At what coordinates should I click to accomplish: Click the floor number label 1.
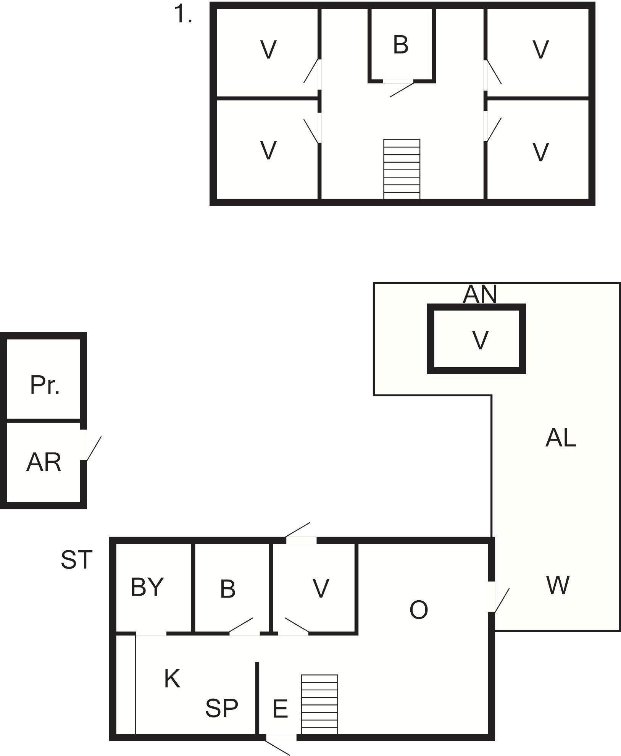point(183,16)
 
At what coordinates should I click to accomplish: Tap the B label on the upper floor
point(400,45)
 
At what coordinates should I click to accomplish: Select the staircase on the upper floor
point(402,169)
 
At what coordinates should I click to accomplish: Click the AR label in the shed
point(44,462)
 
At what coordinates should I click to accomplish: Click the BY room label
point(147,587)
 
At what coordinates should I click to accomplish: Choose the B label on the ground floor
point(227,589)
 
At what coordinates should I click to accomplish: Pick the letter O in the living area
point(418,610)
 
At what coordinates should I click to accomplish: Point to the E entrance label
point(280,709)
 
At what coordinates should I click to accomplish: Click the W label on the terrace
point(558,585)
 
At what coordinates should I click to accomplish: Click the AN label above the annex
point(480,294)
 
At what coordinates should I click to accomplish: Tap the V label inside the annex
point(480,340)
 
